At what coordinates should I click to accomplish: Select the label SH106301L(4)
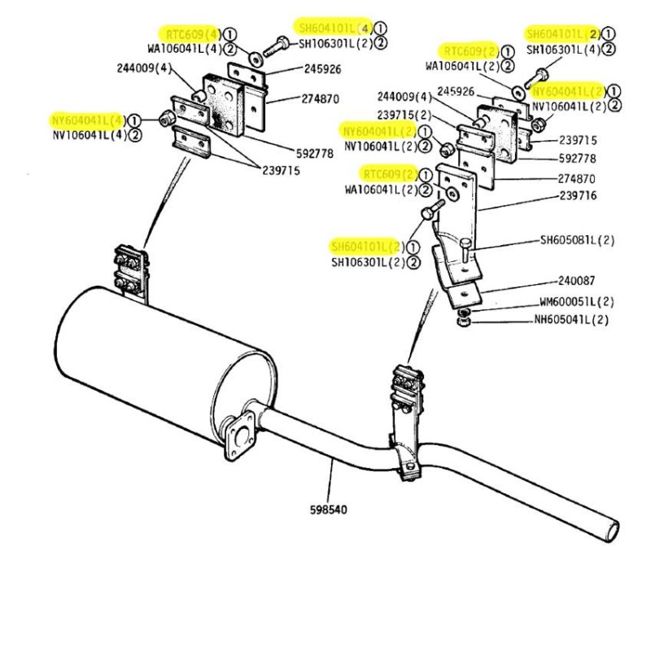pyautogui.click(x=561, y=50)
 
